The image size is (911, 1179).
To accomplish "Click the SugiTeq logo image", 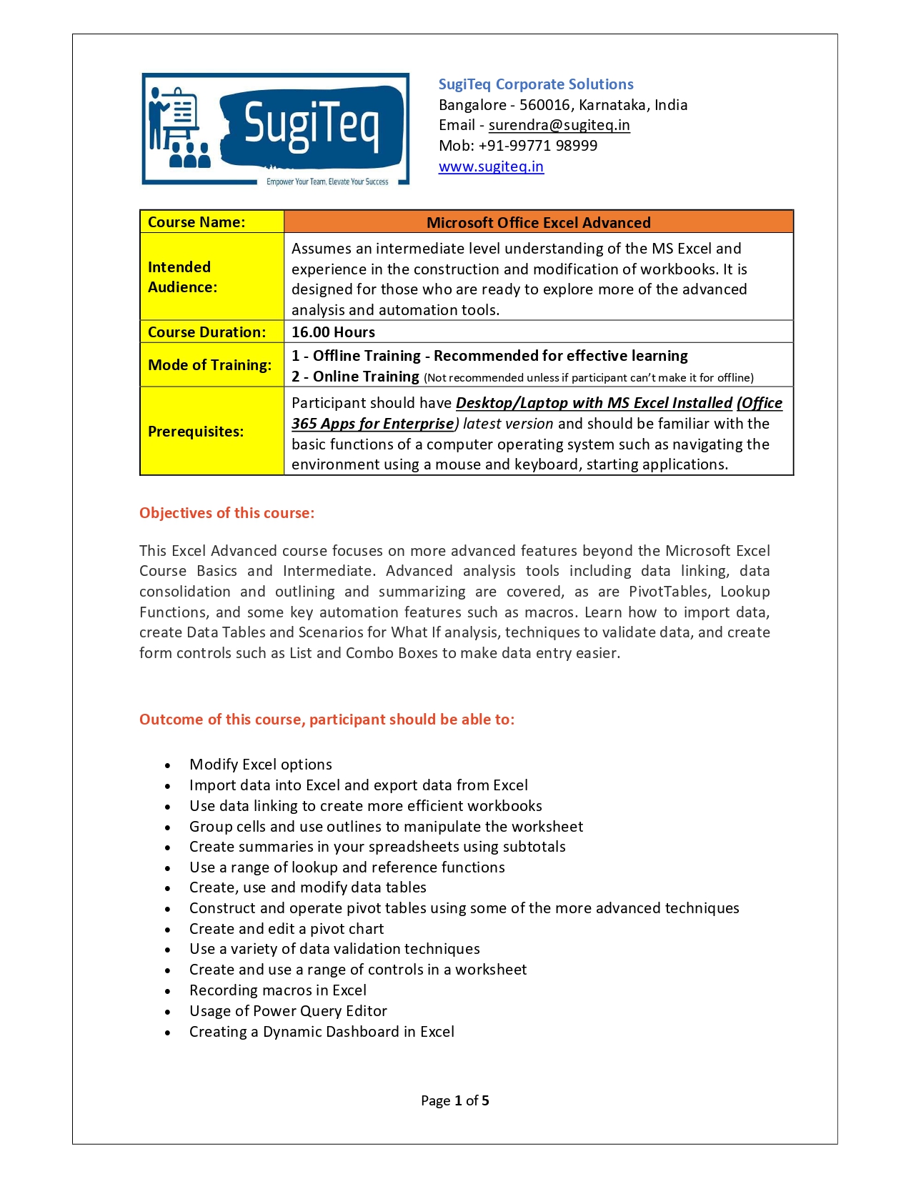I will click(x=276, y=129).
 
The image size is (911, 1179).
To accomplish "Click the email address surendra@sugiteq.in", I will click(x=559, y=126).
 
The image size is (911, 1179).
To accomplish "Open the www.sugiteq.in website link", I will click(x=491, y=167).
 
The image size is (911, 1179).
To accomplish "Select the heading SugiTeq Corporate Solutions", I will click(x=536, y=84).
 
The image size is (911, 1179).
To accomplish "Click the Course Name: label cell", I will click(x=196, y=222).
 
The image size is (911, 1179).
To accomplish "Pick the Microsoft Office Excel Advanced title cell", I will click(x=539, y=223).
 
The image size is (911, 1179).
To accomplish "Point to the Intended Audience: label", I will click(x=182, y=277).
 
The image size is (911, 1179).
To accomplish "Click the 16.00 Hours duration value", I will click(x=333, y=332).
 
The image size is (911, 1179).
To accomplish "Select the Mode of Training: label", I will click(x=209, y=365).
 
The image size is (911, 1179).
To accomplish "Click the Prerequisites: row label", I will click(x=196, y=432).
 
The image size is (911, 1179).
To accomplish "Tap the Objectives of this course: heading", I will click(x=226, y=513).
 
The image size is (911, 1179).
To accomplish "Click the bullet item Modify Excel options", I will click(x=261, y=765).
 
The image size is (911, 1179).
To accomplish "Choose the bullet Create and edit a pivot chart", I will click(x=287, y=929).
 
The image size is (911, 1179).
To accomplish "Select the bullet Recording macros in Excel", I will click(x=278, y=990).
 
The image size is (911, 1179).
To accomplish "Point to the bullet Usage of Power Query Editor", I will click(x=288, y=1011).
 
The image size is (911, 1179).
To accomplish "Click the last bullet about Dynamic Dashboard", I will click(x=322, y=1032).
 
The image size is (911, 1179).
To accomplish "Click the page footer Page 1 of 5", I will click(x=455, y=1100).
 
